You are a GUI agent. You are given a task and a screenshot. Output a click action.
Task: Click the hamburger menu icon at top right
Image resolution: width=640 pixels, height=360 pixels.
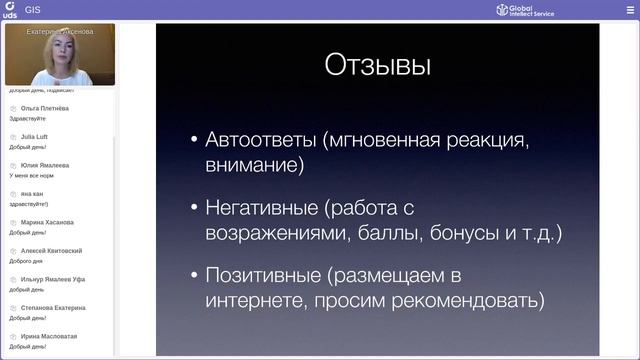pyautogui.click(x=629, y=10)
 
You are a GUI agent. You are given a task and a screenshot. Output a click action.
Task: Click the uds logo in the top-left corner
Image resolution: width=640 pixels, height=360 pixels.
pyautogui.click(x=9, y=10)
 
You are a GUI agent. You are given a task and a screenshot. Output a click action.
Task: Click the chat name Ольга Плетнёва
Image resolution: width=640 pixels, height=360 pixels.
pyautogui.click(x=45, y=108)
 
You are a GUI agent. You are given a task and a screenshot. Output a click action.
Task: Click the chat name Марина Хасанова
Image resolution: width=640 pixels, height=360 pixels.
pyautogui.click(x=47, y=222)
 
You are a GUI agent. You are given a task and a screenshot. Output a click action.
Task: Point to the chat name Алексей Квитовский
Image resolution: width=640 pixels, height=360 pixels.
pyautogui.click(x=51, y=251)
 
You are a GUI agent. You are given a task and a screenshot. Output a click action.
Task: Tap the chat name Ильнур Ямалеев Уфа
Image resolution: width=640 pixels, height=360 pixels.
pyautogui.click(x=53, y=279)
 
